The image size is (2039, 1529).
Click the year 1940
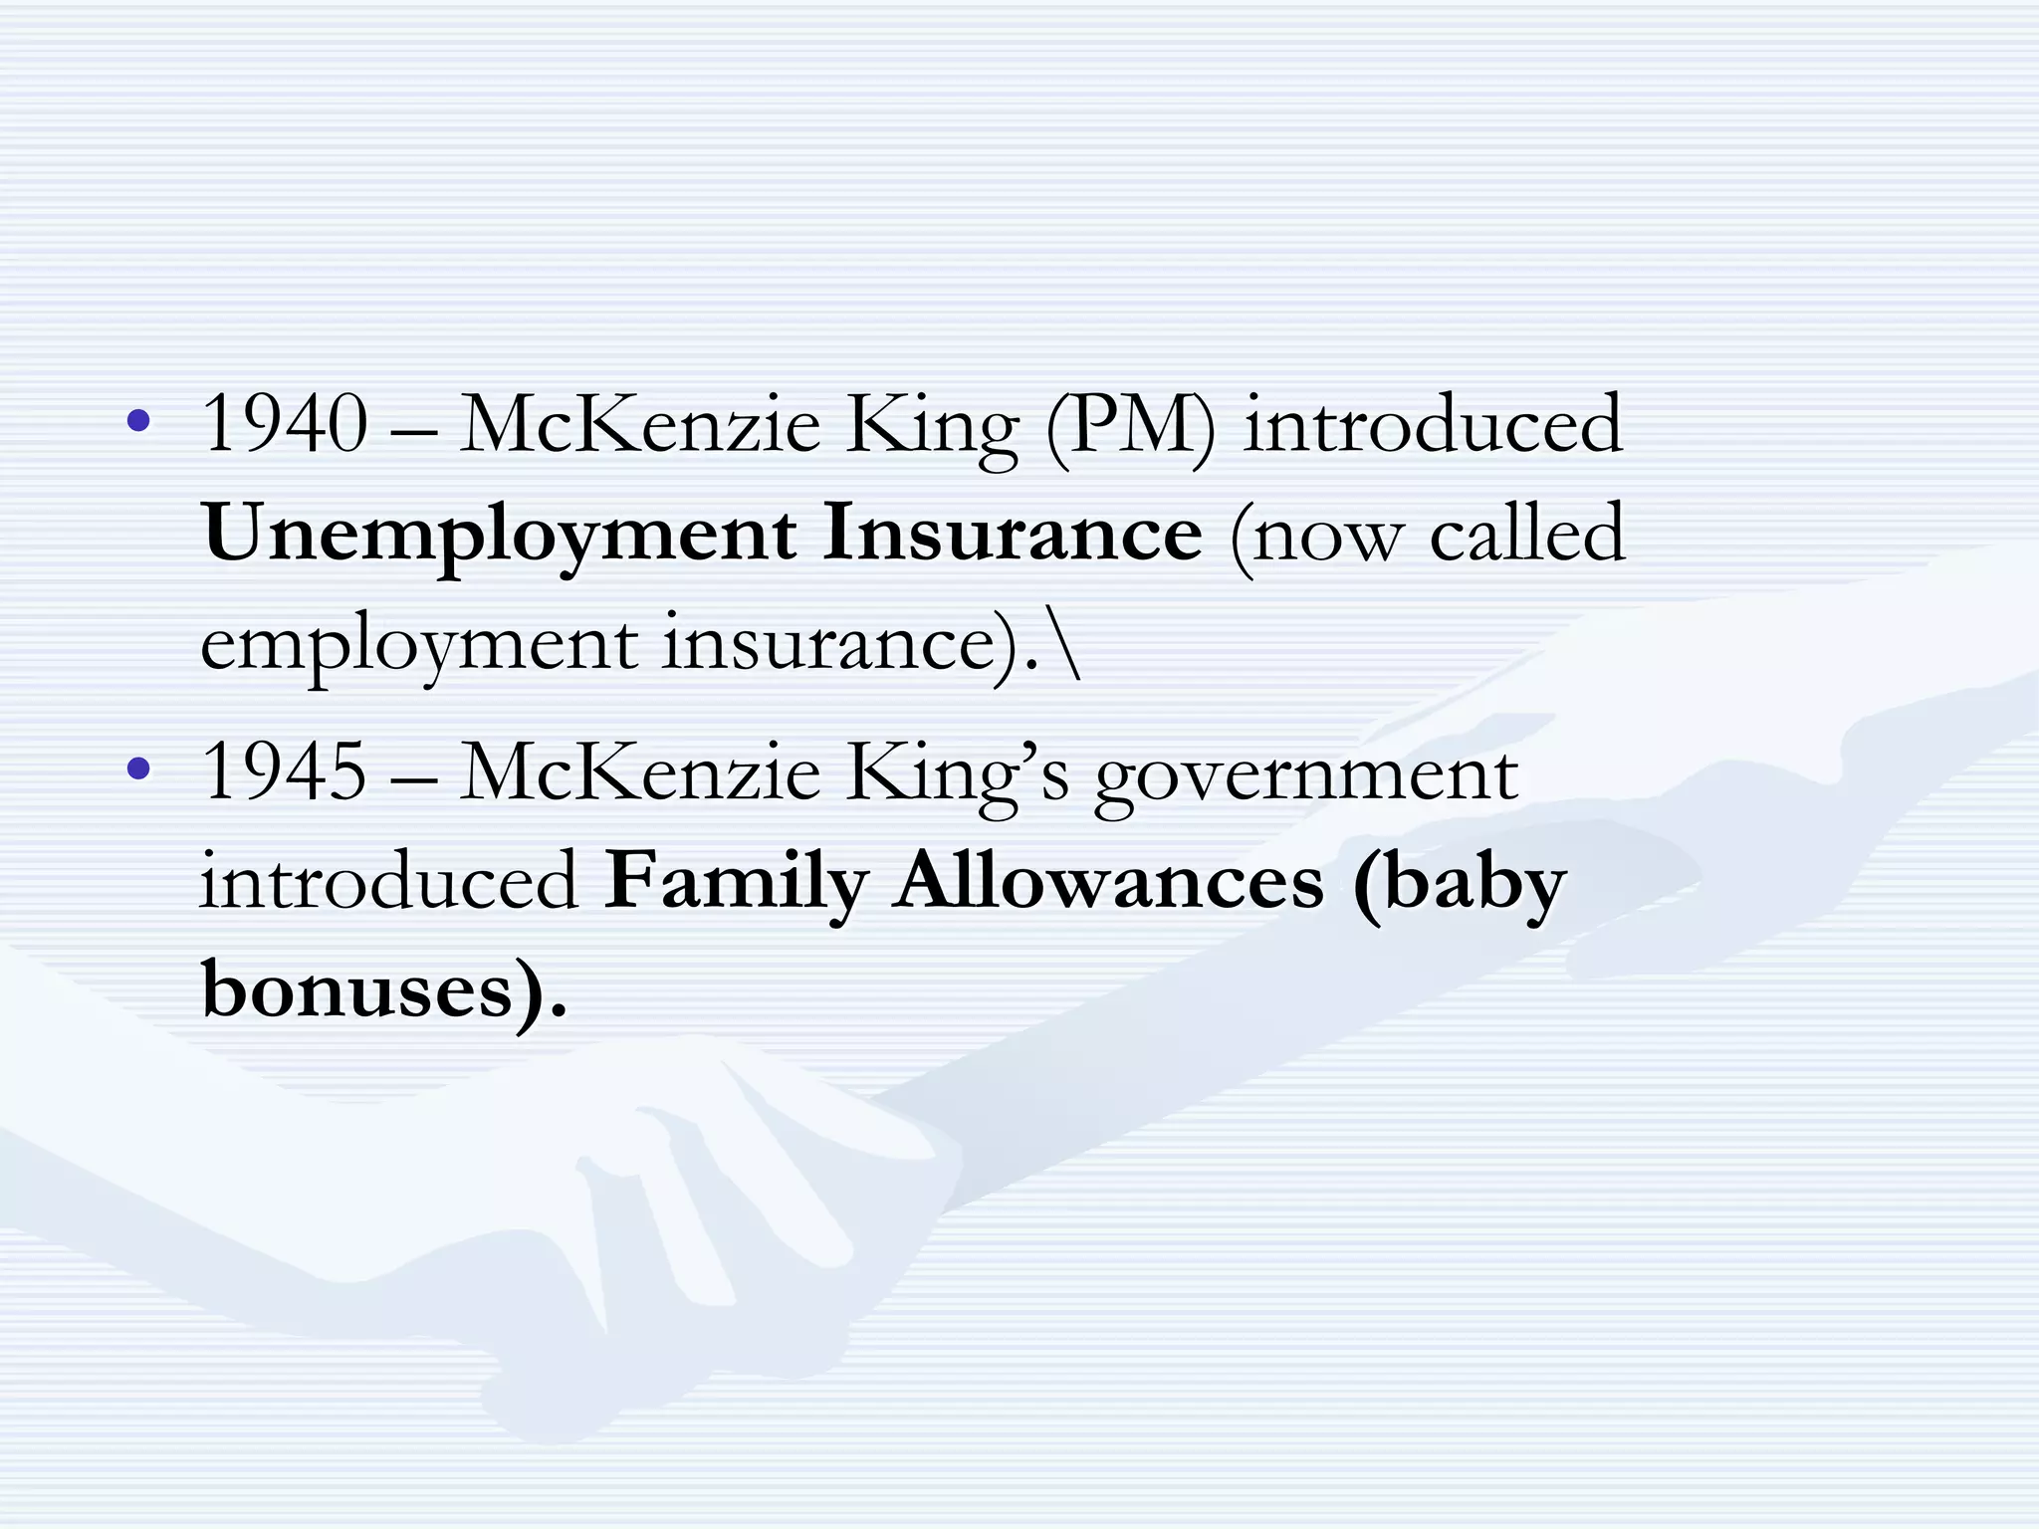pos(285,424)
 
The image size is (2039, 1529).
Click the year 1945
pos(285,772)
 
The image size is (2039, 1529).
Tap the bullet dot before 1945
pos(139,768)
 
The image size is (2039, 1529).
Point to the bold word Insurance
pos(1013,534)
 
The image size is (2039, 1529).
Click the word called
pos(1526,534)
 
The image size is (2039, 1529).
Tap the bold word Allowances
pos(1108,882)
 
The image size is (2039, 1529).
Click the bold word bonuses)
pos(384,991)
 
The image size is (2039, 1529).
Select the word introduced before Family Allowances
pos(389,882)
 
